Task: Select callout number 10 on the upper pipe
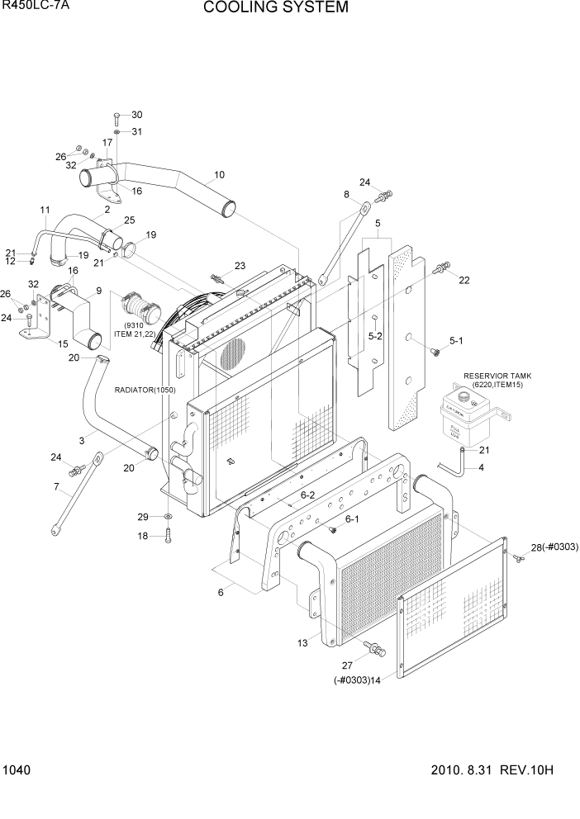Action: coord(219,175)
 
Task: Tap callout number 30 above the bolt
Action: coord(136,115)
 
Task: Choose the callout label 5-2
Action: coord(374,336)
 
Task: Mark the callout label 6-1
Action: coord(352,518)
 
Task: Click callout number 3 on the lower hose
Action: coord(82,442)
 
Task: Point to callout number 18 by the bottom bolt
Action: coord(142,536)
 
